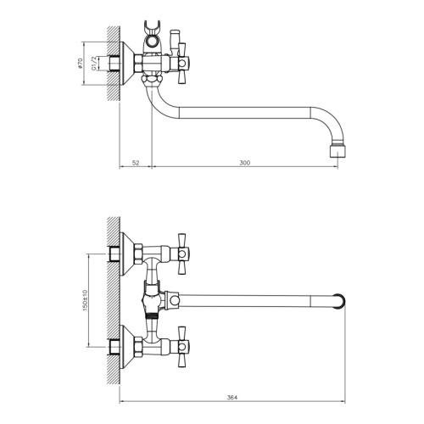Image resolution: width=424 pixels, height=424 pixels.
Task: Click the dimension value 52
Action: click(x=136, y=163)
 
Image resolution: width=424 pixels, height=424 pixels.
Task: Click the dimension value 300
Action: click(x=245, y=163)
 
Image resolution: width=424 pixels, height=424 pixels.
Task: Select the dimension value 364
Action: click(x=232, y=397)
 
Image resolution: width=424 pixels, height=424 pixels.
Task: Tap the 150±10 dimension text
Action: click(x=85, y=300)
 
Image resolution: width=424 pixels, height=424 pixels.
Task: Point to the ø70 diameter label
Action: click(x=80, y=64)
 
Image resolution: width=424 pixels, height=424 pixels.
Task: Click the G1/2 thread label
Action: click(x=94, y=64)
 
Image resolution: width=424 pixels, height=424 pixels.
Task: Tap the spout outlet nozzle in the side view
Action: click(x=338, y=151)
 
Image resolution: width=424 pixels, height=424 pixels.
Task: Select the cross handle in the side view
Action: click(x=181, y=64)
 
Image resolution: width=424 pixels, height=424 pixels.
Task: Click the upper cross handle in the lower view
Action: click(x=181, y=254)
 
